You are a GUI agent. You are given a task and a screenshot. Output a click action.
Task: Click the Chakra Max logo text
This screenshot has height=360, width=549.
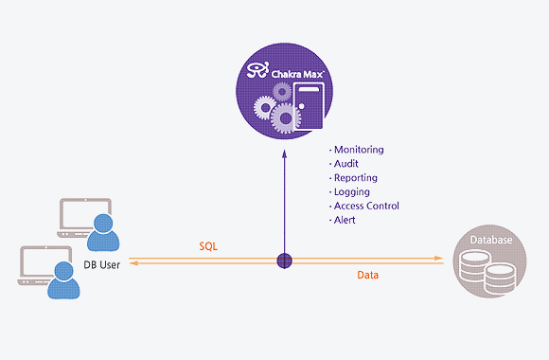pos(297,74)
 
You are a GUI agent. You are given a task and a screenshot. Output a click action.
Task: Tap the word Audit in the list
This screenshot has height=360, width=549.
pos(345,164)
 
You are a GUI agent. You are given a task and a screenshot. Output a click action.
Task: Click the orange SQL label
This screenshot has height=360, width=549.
pos(208,246)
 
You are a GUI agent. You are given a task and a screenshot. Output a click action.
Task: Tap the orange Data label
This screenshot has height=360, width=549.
pos(367,275)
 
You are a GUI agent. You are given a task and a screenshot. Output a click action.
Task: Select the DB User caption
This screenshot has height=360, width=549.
pos(102,264)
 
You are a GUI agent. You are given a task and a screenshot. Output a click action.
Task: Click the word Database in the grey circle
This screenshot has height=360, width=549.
pos(491,240)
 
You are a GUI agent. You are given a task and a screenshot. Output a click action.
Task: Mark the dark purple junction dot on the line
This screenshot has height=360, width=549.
pos(284,261)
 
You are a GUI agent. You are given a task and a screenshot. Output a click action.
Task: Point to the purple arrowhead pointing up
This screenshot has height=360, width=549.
pos(284,153)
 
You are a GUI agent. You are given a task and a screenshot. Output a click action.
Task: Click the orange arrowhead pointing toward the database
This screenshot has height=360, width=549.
pos(438,259)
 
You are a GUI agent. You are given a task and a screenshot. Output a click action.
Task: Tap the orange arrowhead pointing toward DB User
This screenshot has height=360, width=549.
pos(133,263)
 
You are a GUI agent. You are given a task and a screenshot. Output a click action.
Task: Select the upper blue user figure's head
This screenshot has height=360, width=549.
pos(103,223)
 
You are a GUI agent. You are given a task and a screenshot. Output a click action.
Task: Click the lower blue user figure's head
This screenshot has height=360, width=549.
pos(63,271)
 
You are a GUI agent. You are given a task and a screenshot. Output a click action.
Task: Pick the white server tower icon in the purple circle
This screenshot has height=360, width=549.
pos(309,106)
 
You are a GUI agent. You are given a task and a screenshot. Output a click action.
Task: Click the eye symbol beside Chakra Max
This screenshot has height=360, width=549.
pos(257,70)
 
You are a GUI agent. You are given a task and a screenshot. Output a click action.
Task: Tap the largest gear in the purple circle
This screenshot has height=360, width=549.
pos(285,118)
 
